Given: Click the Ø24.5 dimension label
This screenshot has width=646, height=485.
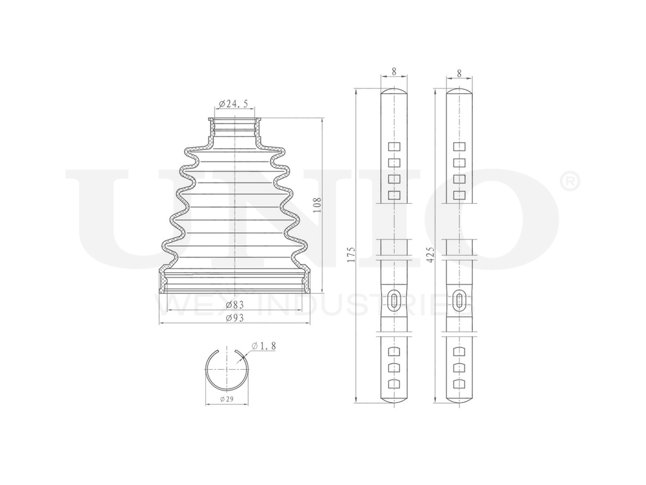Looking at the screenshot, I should (x=234, y=103).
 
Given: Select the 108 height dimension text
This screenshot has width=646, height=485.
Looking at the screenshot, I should (x=317, y=204).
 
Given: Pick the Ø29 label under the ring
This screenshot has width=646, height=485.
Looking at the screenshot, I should (x=226, y=399).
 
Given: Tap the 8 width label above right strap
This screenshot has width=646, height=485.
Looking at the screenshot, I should (x=459, y=74).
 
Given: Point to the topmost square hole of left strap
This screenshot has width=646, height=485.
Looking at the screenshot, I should (x=393, y=146).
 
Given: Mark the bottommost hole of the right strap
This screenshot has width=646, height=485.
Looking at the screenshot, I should (x=459, y=383).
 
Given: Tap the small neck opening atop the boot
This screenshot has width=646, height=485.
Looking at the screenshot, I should (x=234, y=120).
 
